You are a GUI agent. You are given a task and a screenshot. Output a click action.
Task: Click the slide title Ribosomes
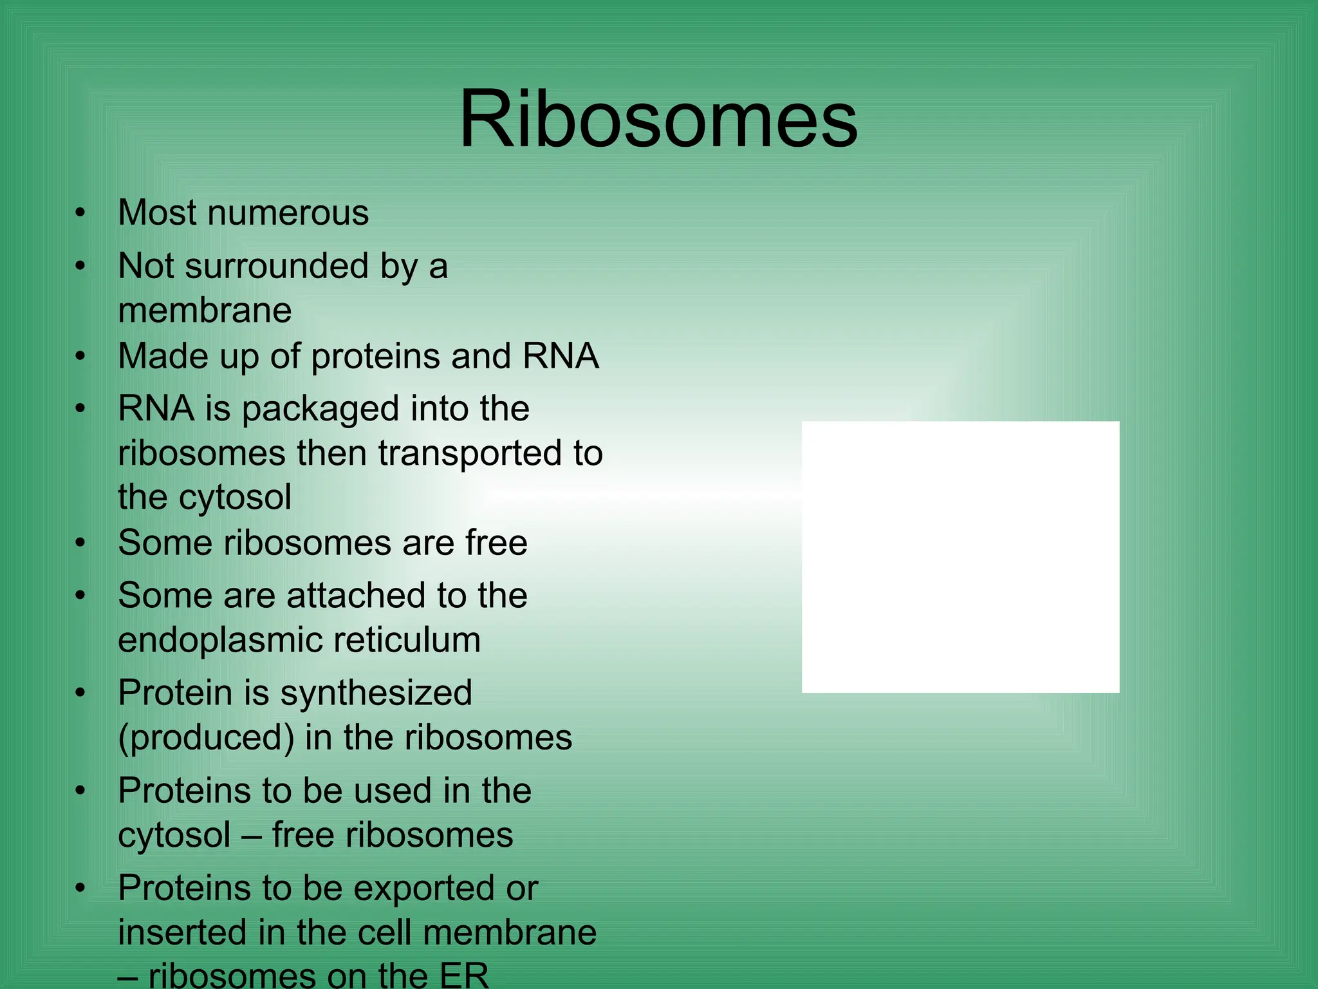pyautogui.click(x=658, y=120)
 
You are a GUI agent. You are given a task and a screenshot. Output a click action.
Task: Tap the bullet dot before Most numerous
pyautogui.click(x=80, y=213)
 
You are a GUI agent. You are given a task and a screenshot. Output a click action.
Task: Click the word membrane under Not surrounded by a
pyautogui.click(x=205, y=311)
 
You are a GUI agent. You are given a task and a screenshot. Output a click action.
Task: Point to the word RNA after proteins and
pyautogui.click(x=560, y=356)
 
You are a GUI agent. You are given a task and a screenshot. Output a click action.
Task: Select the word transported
pyautogui.click(x=459, y=453)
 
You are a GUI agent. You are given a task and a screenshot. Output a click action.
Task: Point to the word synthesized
pyautogui.click(x=376, y=693)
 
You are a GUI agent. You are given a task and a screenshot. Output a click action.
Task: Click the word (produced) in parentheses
pyautogui.click(x=206, y=738)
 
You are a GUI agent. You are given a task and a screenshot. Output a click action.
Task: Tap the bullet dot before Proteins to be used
pyautogui.click(x=80, y=791)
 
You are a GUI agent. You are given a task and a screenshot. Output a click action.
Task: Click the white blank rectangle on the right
pyautogui.click(x=960, y=557)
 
